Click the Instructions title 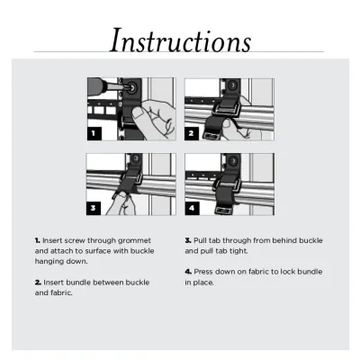tap(180, 40)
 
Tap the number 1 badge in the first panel tap(94, 133)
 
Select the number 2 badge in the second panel tap(192, 134)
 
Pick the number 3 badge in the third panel tap(94, 208)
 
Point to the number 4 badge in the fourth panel tap(192, 208)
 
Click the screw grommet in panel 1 tap(132, 88)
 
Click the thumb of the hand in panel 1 tap(138, 113)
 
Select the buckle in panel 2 tap(227, 110)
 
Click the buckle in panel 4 tap(227, 184)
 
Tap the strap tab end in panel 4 tap(223, 211)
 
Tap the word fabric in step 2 tap(63, 292)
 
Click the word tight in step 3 tap(238, 251)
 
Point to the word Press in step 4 tap(203, 272)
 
